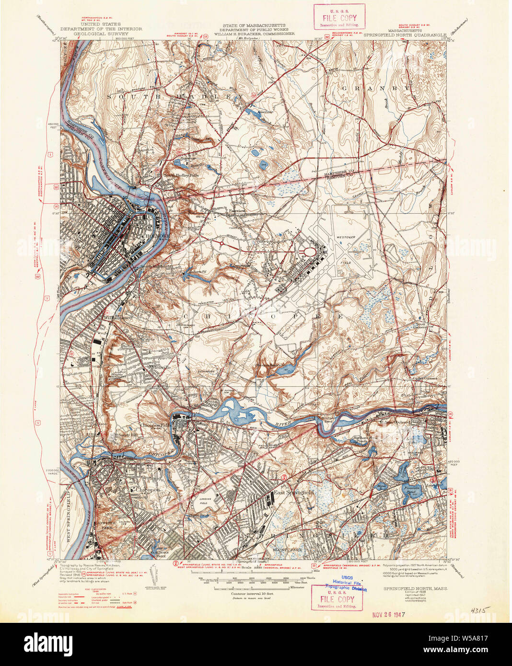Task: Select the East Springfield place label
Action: pos(293,493)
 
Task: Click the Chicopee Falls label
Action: pos(155,425)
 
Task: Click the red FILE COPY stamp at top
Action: pos(339,19)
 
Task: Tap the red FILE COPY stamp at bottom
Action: pos(337,599)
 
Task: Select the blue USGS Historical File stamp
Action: pos(346,583)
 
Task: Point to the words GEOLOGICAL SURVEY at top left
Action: pos(101,34)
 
